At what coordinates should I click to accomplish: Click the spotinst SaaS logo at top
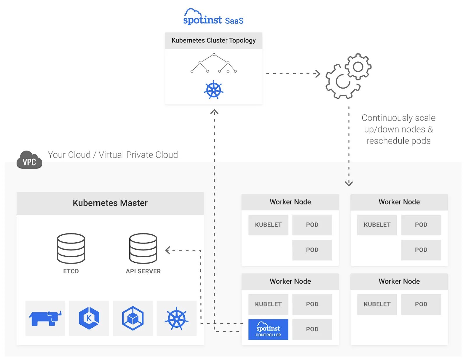(x=213, y=17)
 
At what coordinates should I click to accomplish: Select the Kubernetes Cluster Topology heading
(x=213, y=40)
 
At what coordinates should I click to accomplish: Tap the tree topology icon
(x=213, y=63)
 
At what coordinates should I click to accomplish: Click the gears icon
(x=348, y=76)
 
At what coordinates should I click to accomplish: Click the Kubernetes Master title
(x=110, y=203)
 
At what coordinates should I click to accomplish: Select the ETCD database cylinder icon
(x=71, y=248)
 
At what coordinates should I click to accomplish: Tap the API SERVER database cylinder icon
(x=143, y=248)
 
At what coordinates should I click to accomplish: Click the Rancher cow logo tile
(x=45, y=318)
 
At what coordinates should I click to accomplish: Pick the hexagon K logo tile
(x=89, y=318)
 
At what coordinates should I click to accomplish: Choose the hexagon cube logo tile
(x=133, y=318)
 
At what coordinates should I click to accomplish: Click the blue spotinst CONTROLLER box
(x=268, y=329)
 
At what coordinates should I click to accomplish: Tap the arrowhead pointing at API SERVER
(x=167, y=250)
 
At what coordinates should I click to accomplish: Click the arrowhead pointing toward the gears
(x=318, y=74)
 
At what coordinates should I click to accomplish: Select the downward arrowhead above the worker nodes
(x=349, y=183)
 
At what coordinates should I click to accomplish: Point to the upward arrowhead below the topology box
(x=214, y=112)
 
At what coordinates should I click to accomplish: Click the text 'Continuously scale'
(x=398, y=118)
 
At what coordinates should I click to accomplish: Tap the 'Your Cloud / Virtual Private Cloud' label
(x=113, y=155)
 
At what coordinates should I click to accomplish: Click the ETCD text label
(x=71, y=271)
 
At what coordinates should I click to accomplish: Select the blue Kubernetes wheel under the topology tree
(x=213, y=90)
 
